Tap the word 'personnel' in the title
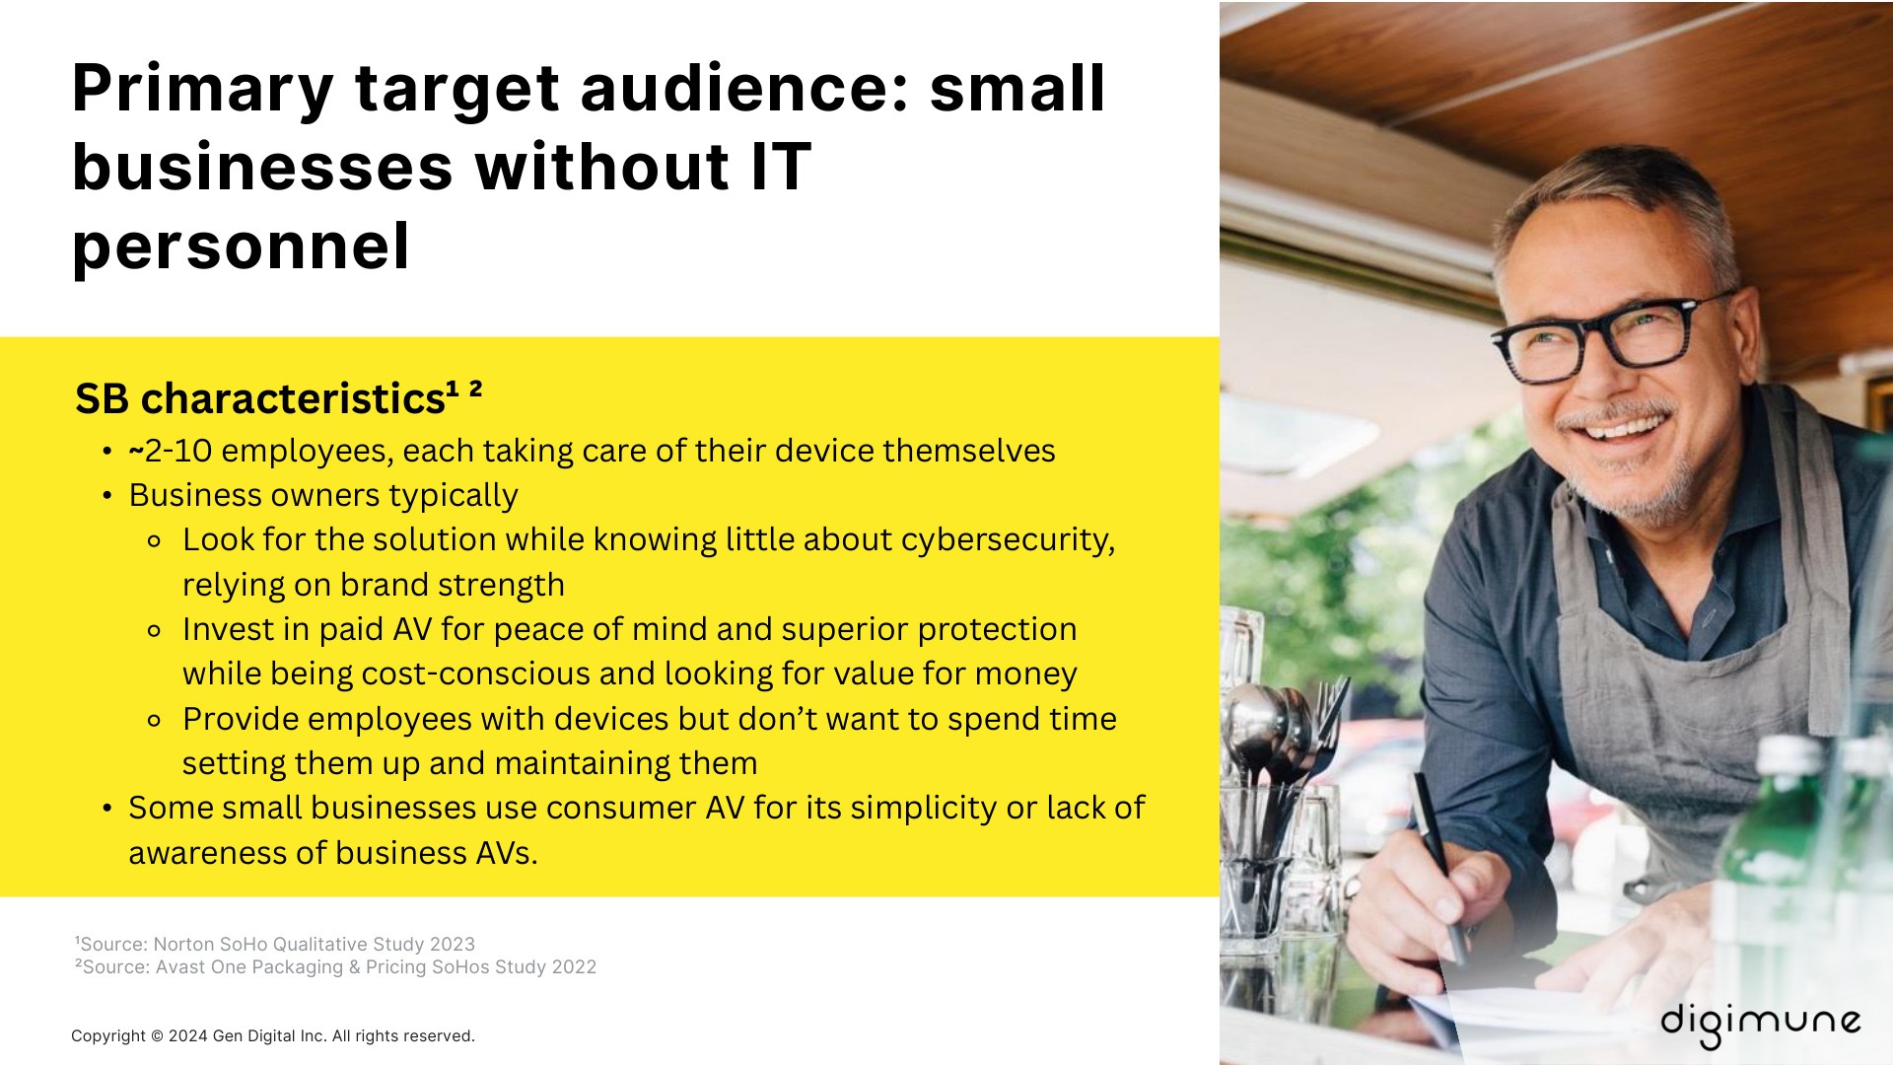click(x=241, y=246)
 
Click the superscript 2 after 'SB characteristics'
click(x=475, y=388)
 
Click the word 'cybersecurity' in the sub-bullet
click(x=1006, y=539)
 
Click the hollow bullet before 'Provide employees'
click(x=154, y=720)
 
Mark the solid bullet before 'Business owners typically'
click(x=107, y=496)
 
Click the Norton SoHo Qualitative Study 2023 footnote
click(x=275, y=945)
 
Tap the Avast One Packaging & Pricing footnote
click(x=336, y=967)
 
